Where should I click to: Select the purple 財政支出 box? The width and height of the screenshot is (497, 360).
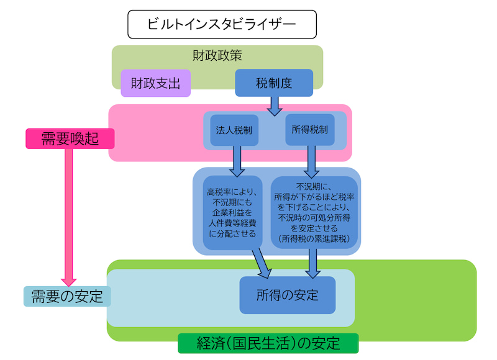155,83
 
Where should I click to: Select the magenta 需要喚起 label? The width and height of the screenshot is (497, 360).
70,138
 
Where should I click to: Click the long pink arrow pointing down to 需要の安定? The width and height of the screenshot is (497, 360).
69,217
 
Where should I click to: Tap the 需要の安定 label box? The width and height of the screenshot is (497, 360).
67,296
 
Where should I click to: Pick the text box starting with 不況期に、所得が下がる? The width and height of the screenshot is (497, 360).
315,212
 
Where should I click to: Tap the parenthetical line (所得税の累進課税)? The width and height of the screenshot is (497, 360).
315,238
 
